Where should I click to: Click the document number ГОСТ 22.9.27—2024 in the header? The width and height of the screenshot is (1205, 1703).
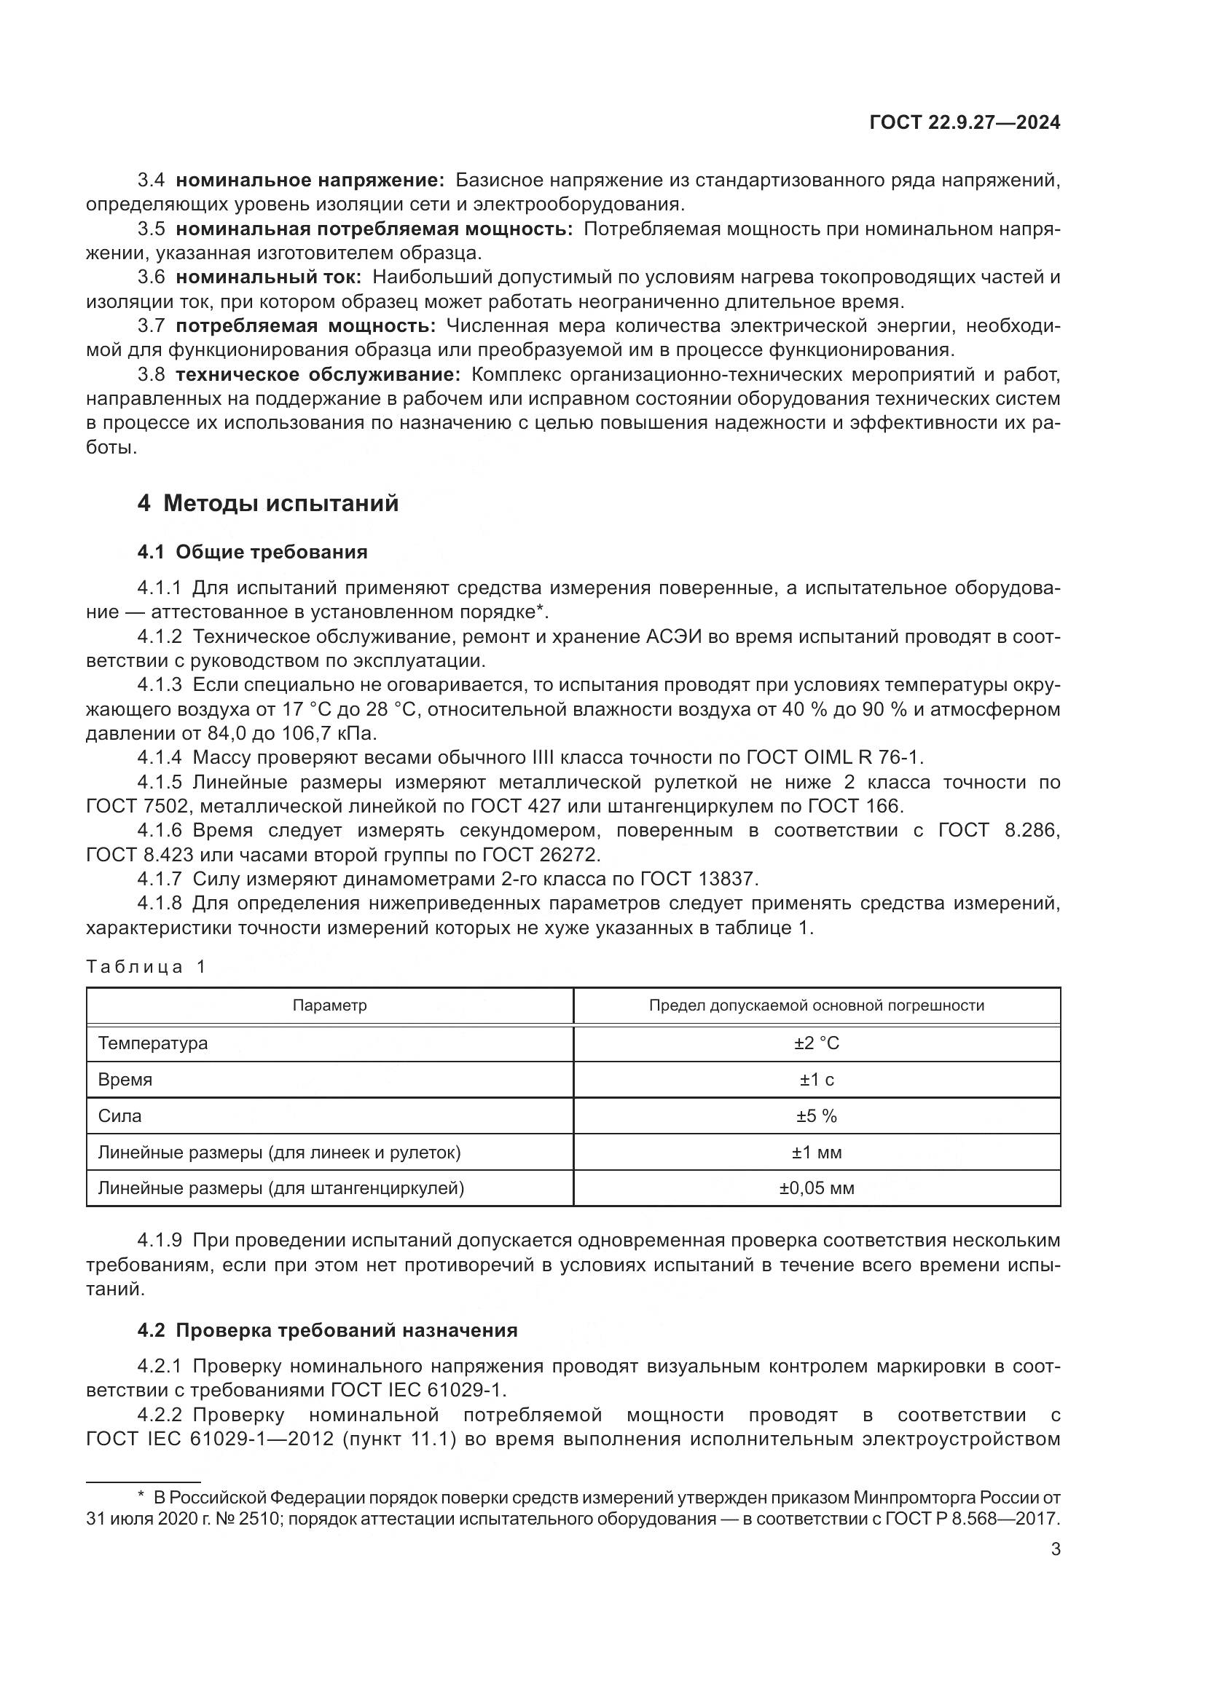point(964,122)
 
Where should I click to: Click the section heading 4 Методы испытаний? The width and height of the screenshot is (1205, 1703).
point(268,504)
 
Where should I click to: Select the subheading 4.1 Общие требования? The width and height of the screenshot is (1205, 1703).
point(252,552)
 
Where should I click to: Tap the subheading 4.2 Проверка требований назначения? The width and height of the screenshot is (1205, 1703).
point(327,1330)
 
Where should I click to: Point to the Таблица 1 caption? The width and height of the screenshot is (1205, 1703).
point(146,966)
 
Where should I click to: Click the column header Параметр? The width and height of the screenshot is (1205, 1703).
point(329,1005)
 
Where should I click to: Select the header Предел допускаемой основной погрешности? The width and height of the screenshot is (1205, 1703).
point(816,1005)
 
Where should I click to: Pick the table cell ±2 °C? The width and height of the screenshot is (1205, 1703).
point(816,1043)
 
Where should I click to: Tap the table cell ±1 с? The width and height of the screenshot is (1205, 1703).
point(816,1079)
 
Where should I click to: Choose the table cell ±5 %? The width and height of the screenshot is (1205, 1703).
point(816,1115)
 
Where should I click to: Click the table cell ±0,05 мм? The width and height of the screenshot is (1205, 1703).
point(816,1188)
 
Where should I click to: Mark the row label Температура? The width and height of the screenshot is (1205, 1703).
point(153,1043)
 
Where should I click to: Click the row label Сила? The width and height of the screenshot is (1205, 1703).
point(119,1115)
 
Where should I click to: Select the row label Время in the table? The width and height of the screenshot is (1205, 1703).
point(125,1079)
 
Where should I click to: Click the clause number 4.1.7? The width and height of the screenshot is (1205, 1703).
point(159,879)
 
